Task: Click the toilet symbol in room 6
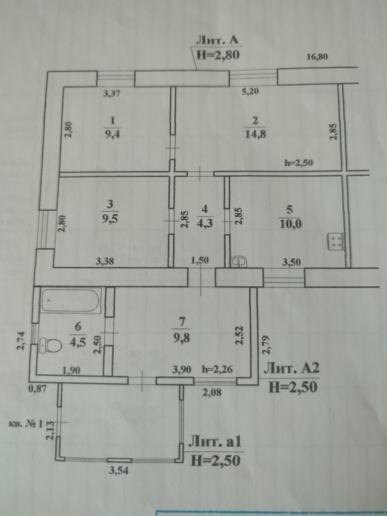coord(52,345)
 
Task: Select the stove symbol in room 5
coord(335,241)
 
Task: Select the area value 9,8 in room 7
coord(182,338)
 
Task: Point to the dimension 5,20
coord(250,91)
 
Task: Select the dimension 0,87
coord(37,389)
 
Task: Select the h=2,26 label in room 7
coord(217,369)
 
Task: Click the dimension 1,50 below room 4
coord(200,261)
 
